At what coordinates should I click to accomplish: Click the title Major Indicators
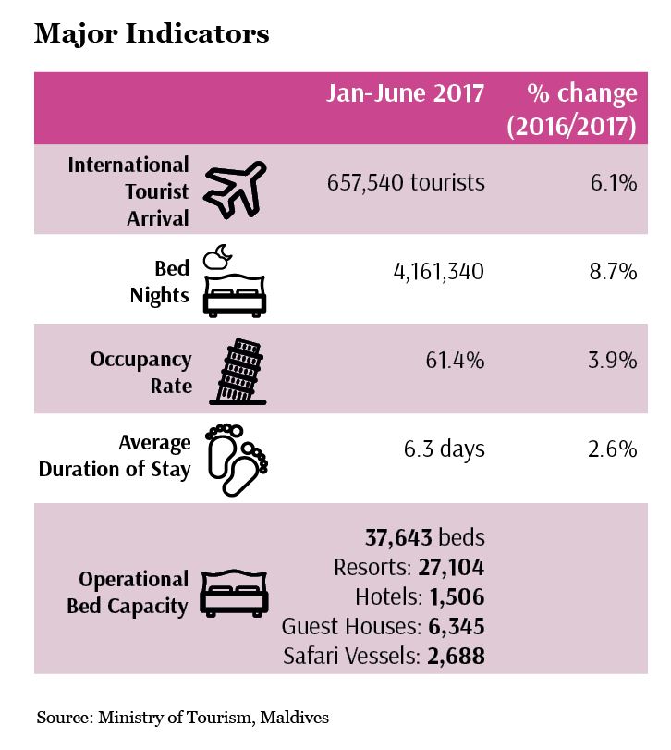pyautogui.click(x=152, y=34)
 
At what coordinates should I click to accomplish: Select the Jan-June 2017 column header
pyautogui.click(x=405, y=94)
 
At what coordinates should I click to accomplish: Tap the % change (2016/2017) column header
pyautogui.click(x=571, y=110)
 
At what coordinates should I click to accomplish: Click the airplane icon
pyautogui.click(x=235, y=191)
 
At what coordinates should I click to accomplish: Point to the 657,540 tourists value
pyautogui.click(x=406, y=183)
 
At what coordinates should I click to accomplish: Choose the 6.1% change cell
pyautogui.click(x=614, y=183)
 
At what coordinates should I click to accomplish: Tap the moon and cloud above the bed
pyautogui.click(x=216, y=256)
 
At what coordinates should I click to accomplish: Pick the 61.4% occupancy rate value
pyautogui.click(x=454, y=360)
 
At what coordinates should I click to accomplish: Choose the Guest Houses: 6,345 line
pyautogui.click(x=383, y=627)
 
